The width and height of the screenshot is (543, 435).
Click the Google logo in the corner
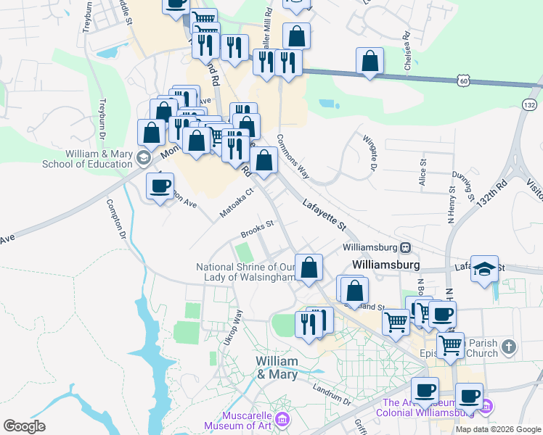(x=24, y=426)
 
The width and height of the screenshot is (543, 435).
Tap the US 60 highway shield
(x=462, y=81)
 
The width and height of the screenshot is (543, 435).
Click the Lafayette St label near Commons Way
(x=322, y=216)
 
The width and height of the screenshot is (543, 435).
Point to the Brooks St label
(x=256, y=229)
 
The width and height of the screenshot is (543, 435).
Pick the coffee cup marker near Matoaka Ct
(x=160, y=185)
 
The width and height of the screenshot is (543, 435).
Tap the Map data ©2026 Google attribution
(x=497, y=429)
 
